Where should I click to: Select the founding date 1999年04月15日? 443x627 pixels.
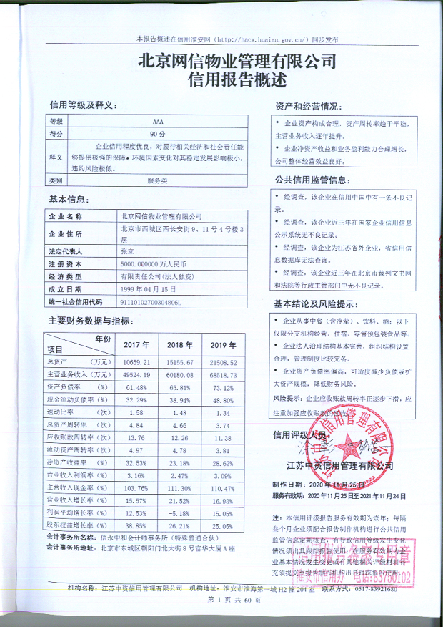click(x=148, y=289)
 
